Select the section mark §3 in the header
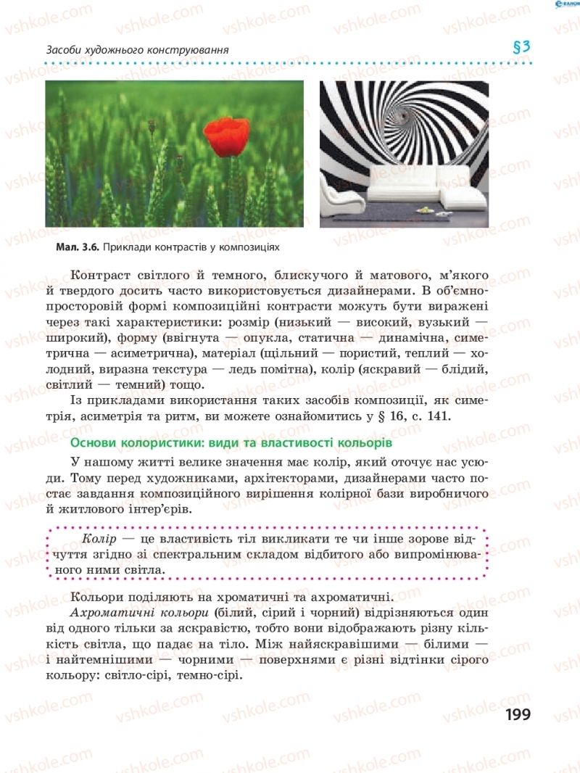coord(522,48)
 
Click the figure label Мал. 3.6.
coord(78,247)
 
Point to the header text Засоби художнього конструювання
coord(137,50)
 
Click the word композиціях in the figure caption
coord(250,247)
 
